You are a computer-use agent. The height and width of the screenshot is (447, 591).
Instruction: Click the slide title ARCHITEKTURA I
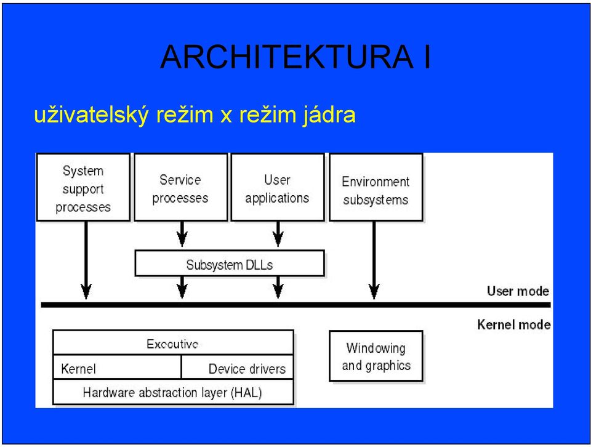click(x=295, y=57)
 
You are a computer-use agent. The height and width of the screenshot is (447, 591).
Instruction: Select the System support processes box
click(x=83, y=187)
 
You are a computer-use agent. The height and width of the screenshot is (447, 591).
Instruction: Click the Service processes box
click(x=181, y=187)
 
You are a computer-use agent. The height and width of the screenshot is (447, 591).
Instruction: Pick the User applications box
click(x=278, y=187)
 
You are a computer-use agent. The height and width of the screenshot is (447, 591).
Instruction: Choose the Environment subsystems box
click(x=376, y=187)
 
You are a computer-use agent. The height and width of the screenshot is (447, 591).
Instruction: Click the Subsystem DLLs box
click(x=230, y=264)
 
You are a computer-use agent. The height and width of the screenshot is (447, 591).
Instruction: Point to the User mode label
click(x=518, y=291)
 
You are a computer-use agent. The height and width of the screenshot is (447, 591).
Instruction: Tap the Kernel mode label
click(x=513, y=324)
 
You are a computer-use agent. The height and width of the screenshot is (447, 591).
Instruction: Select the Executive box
click(x=174, y=343)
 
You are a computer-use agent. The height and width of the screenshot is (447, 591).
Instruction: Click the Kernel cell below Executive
click(x=117, y=368)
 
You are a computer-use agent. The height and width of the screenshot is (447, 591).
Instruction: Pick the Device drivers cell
click(x=238, y=368)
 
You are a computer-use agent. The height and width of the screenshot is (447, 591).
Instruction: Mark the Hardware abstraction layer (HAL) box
click(x=174, y=392)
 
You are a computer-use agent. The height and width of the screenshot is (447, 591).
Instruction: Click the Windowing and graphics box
click(x=376, y=356)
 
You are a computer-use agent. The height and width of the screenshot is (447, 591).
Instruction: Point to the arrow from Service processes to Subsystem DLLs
click(x=182, y=234)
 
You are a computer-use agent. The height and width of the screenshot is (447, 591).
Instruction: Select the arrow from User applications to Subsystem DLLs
click(x=278, y=234)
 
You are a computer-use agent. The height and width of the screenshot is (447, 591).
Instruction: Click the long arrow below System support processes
click(x=86, y=260)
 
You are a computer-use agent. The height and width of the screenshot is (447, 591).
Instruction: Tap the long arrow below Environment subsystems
click(x=374, y=260)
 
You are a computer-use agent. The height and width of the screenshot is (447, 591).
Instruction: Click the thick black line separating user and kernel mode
click(x=296, y=305)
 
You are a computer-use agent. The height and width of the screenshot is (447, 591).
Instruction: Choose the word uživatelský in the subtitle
click(x=91, y=115)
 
